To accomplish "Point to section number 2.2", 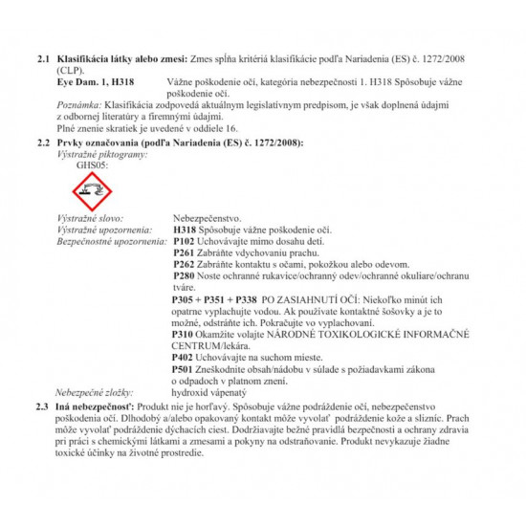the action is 43,142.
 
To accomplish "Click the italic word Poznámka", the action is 79,105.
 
